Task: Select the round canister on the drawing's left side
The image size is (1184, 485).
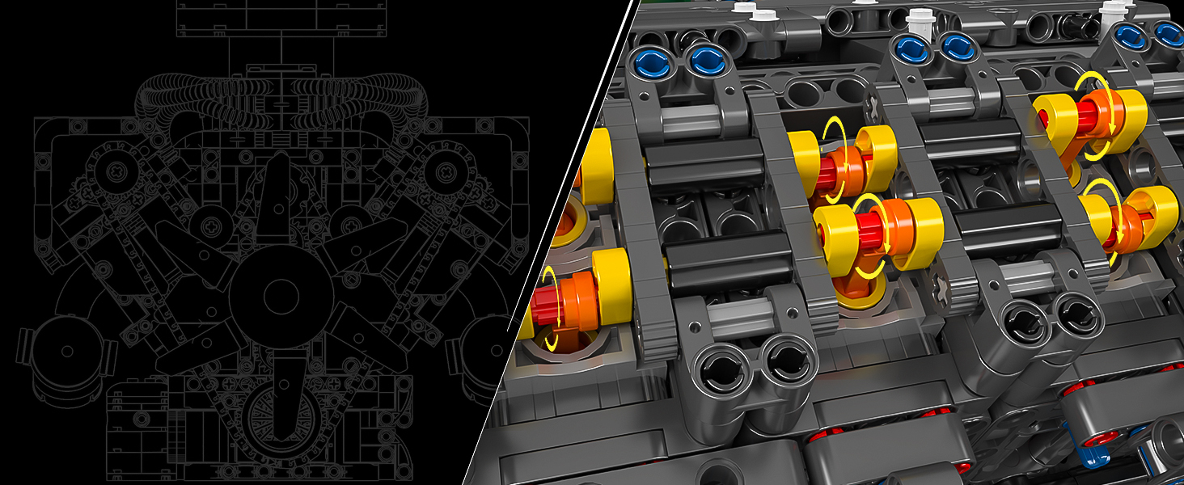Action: click(x=66, y=351)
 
